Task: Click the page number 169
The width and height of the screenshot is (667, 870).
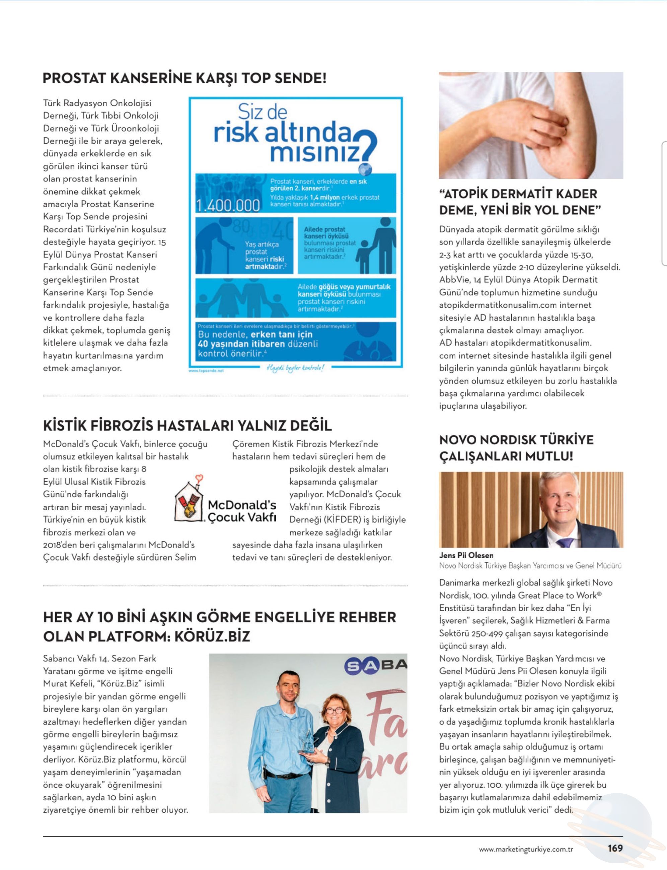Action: (615, 848)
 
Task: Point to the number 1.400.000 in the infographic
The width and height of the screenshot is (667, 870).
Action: (228, 205)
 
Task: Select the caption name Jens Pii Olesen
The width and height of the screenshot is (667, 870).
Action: (466, 555)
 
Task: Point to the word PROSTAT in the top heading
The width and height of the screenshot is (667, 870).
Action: (74, 78)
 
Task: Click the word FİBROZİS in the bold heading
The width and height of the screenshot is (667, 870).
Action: (121, 425)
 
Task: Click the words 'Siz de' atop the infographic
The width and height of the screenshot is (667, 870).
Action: (263, 113)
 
